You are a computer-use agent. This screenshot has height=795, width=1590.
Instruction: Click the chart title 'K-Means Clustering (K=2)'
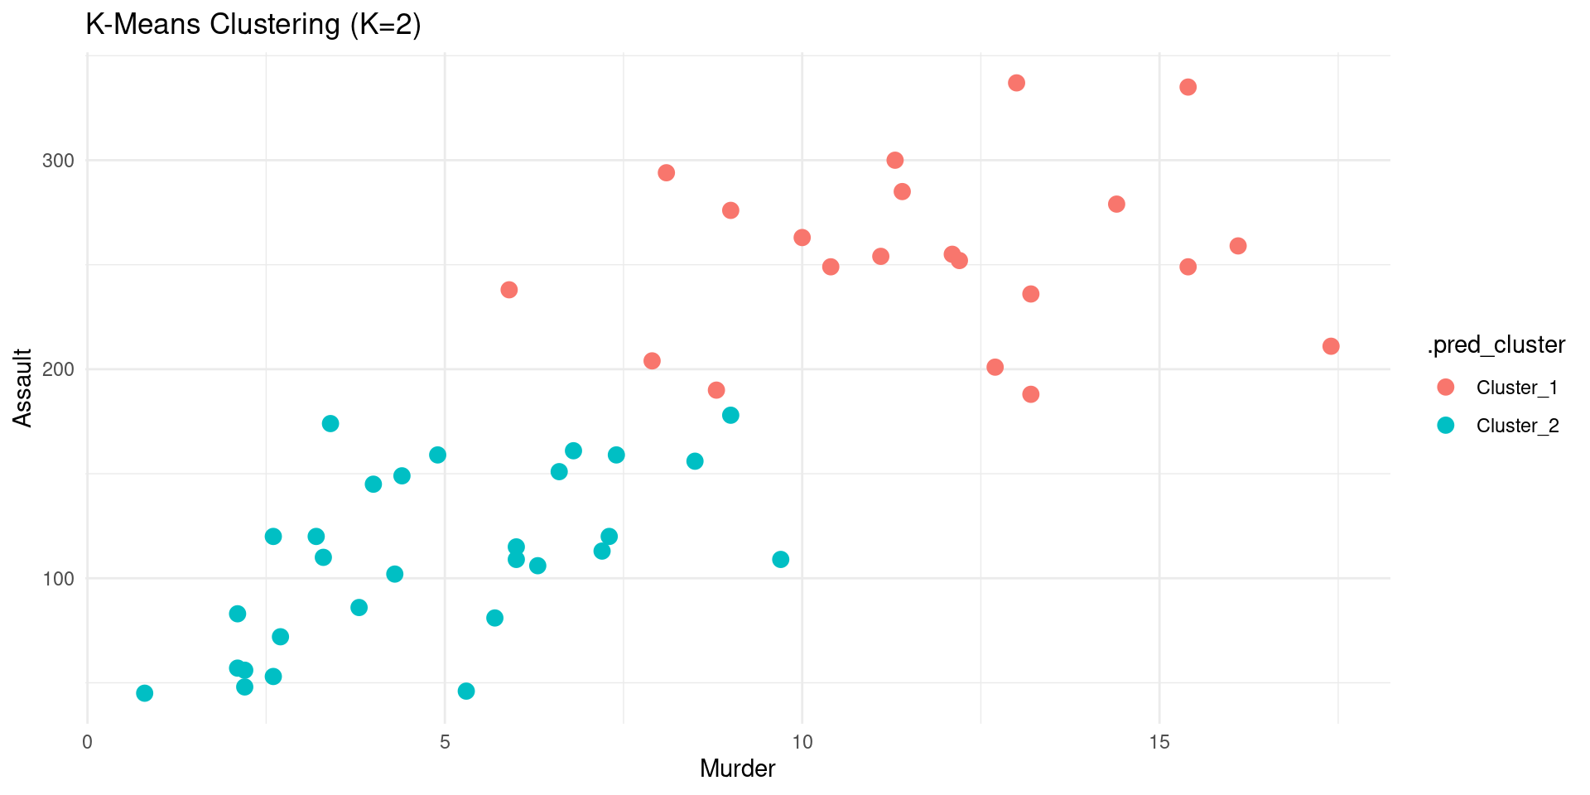click(253, 25)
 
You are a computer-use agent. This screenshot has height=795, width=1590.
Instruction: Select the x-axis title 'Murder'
click(737, 768)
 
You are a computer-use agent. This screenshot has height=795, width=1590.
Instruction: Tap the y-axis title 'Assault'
click(23, 388)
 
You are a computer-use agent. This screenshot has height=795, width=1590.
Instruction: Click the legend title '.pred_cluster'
click(1496, 344)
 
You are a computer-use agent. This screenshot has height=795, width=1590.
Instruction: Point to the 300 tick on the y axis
click(58, 161)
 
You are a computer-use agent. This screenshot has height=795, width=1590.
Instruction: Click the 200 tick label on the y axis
click(58, 369)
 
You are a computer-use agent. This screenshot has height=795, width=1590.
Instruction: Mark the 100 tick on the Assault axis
click(58, 578)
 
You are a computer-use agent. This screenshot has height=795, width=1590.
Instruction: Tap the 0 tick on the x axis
click(88, 742)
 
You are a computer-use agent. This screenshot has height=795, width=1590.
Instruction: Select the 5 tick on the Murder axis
click(445, 742)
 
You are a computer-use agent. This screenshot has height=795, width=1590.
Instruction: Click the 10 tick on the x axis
click(802, 742)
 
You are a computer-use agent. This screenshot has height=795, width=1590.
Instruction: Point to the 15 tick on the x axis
click(1159, 742)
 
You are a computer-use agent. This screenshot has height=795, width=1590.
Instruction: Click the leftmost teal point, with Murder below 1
click(145, 693)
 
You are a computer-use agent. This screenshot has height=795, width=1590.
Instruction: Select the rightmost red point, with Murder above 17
click(1331, 346)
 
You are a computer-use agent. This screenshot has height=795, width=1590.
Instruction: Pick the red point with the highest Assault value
click(1016, 83)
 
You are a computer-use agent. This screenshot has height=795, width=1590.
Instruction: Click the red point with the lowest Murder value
click(509, 290)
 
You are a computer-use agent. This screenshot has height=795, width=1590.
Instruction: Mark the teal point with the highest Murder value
click(780, 560)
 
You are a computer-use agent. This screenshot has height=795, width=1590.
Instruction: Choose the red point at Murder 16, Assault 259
click(1238, 246)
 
